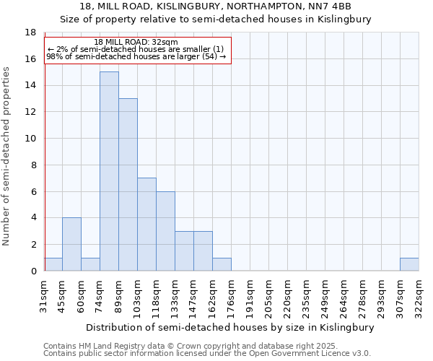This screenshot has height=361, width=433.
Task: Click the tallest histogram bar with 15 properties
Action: pos(109,171)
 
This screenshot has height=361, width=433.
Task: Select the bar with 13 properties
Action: pos(128,185)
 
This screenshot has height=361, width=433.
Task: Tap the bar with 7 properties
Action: pos(146,225)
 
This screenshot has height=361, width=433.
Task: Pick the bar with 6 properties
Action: pos(165,231)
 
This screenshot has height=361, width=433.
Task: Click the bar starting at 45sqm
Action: pos(71,244)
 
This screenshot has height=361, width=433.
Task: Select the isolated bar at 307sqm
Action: pos(409,264)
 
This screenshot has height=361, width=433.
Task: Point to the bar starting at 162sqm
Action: pos(222,264)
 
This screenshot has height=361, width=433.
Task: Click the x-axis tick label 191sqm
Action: pos(250,295)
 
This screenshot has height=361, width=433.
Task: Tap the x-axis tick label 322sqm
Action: pos(419,295)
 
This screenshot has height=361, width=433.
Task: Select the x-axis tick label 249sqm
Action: pos(325,295)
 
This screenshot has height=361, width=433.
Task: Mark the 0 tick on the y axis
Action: pos(32,271)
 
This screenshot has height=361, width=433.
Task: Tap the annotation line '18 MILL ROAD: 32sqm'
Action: pos(136,43)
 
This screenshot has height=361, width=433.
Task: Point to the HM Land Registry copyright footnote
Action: pos(196,346)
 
